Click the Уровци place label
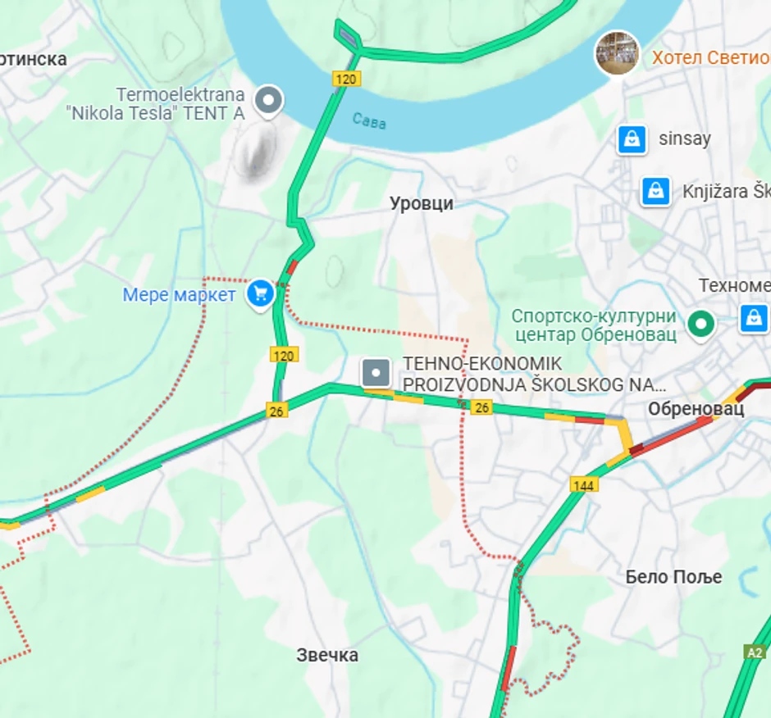422,203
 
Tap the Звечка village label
327,655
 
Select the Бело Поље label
673,576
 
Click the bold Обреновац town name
696,408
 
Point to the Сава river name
369,121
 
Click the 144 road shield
584,486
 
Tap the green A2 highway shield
755,652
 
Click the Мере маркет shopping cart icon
260,293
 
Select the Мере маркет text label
179,295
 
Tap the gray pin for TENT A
267,102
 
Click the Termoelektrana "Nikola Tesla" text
156,104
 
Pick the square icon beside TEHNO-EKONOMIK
376,374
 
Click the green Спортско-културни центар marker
700,323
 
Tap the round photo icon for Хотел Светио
617,53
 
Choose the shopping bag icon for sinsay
632,139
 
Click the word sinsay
684,139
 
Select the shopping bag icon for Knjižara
655,191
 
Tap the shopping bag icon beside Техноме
753,318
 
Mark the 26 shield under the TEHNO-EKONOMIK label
481,407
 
